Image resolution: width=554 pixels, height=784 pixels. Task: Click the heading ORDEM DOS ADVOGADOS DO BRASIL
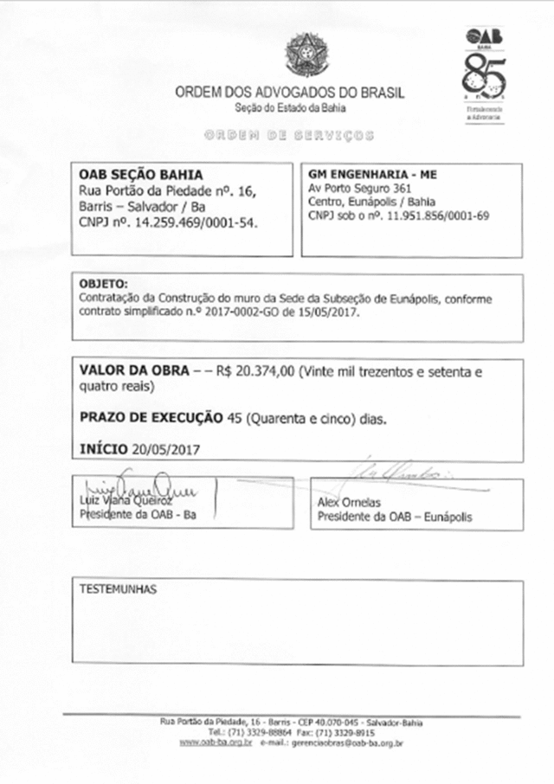pos(289,93)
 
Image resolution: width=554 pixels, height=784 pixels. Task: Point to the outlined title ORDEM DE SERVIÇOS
pos(289,136)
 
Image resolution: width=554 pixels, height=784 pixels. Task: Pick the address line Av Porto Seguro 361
pos(351,189)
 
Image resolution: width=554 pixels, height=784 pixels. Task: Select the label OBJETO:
pos(102,284)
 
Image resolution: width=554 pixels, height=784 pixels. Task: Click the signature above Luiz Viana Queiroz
pos(134,486)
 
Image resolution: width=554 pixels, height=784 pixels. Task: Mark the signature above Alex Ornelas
pos(403,472)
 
